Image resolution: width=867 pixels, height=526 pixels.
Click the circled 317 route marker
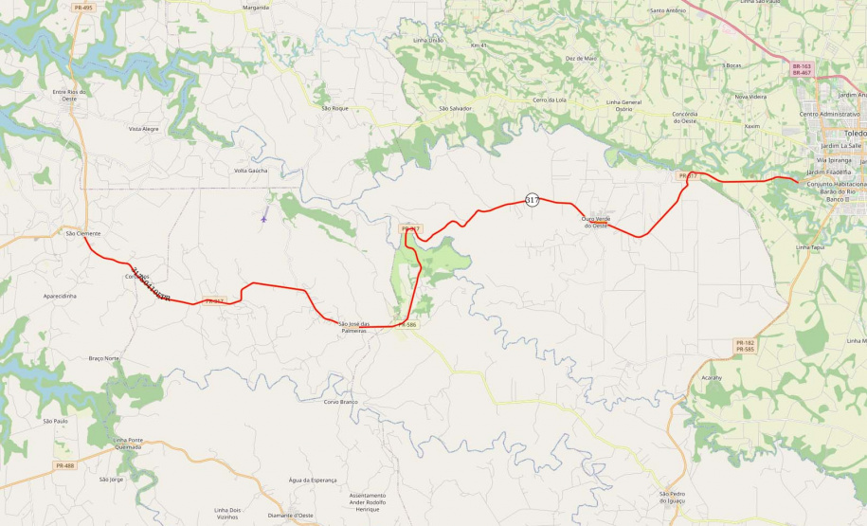point(532,200)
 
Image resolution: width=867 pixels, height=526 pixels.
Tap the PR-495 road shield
point(82,8)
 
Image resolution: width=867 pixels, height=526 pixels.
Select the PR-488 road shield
point(64,465)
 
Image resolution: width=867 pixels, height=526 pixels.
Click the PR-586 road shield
point(407,324)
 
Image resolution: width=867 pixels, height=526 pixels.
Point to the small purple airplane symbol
point(263,219)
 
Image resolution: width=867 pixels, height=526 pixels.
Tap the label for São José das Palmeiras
point(353,327)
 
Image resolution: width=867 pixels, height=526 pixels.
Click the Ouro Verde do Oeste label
point(594,222)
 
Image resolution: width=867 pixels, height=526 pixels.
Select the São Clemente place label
point(82,232)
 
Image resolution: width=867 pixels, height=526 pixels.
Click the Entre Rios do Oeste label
point(69,95)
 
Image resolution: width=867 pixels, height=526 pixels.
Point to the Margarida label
point(256,7)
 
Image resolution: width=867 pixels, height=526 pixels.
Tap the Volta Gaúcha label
point(251,171)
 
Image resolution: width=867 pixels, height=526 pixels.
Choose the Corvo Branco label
point(340,402)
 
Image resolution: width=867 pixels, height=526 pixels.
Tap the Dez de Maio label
point(581,58)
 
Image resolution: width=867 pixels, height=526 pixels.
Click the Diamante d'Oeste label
point(291,515)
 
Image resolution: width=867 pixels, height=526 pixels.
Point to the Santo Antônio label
point(668,10)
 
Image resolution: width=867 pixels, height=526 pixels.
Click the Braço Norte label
point(103,358)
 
